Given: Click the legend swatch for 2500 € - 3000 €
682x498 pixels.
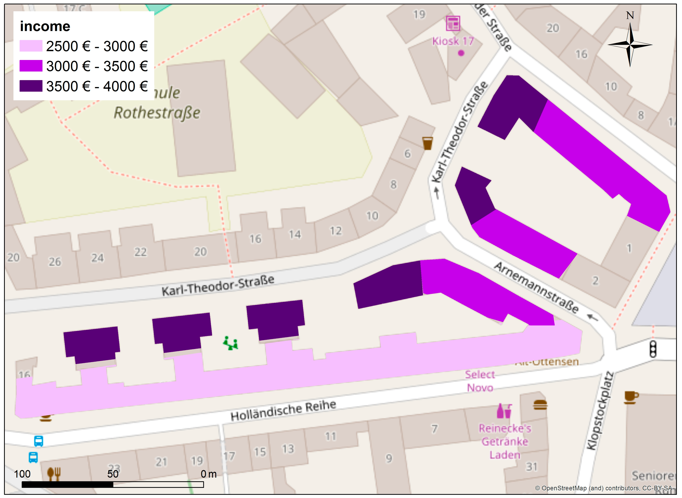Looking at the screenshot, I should click(x=31, y=46).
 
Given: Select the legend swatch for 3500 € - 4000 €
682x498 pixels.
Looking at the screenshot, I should click(x=31, y=86).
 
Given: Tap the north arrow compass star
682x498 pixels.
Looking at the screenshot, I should click(x=630, y=45).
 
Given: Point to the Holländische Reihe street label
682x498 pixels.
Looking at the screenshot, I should click(x=283, y=410).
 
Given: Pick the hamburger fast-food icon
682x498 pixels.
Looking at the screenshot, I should click(x=540, y=405).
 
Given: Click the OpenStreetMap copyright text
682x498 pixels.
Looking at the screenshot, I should click(x=604, y=488).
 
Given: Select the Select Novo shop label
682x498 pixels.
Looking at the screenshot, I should click(x=480, y=381).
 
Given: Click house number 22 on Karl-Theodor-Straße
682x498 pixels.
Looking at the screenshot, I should click(x=140, y=252).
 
